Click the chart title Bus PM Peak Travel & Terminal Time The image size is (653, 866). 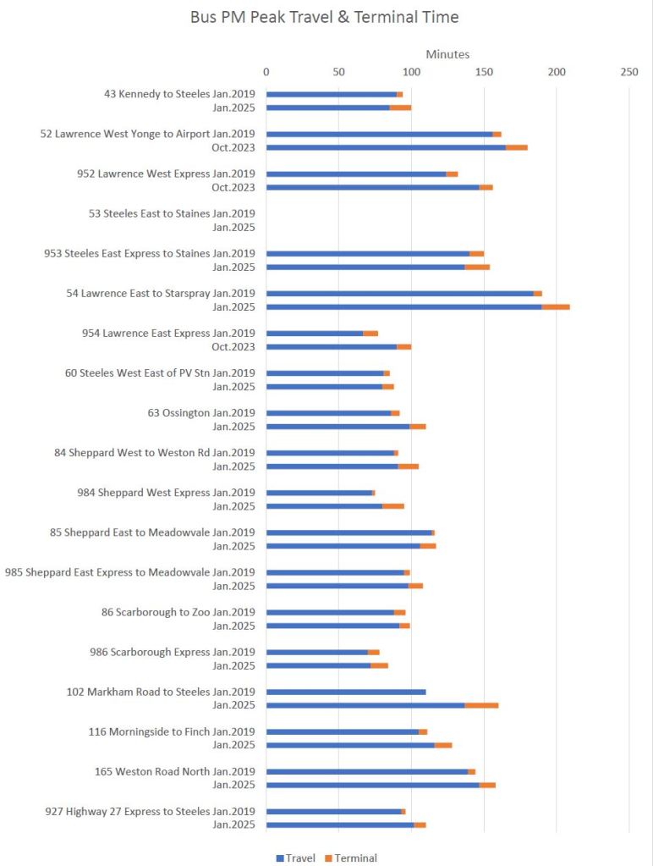pos(325,17)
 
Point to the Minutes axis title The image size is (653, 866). pos(447,54)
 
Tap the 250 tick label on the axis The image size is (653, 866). pos(628,73)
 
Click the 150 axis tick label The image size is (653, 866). pos(484,73)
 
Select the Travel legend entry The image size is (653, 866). pos(295,858)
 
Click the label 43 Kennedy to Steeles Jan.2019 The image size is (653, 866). pos(179,94)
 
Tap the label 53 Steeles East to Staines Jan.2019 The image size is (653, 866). pos(172,213)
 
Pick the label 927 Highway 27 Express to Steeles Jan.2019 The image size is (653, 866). pos(150,811)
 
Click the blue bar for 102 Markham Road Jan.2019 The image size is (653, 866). pos(346,692)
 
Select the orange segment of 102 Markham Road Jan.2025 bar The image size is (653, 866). pos(481,705)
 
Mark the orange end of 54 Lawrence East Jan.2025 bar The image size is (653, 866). pos(556,306)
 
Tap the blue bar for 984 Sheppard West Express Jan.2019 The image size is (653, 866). pos(319,493)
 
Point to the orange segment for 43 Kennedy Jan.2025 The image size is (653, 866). pos(400,108)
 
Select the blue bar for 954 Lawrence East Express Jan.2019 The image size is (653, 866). pos(315,333)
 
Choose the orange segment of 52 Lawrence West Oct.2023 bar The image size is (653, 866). pos(517,147)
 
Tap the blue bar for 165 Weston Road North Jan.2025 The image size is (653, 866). pos(373,785)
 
